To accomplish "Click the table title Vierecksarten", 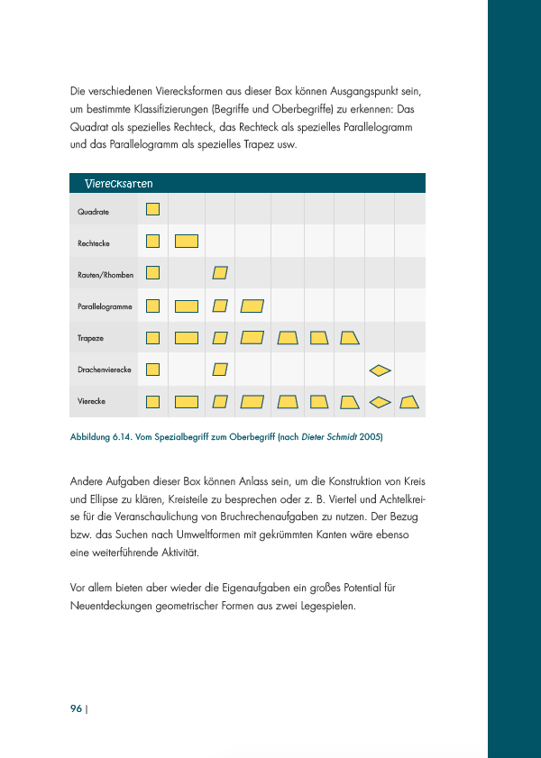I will (118, 184).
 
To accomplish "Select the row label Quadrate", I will (94, 212).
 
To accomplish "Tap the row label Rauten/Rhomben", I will (105, 275).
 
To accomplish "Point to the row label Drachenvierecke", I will (105, 370).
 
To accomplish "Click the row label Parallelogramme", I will (105, 307).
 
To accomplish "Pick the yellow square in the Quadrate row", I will (153, 209).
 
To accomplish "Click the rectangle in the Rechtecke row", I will (187, 241).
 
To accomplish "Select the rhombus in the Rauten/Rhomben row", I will (220, 272).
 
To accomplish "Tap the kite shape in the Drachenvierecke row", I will (381, 369).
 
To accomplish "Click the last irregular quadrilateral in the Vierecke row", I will (410, 401).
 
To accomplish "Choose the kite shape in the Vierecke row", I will (381, 401).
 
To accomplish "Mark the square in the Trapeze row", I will (153, 338).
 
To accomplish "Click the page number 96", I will (76, 708).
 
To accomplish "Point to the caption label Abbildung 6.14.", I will (103, 437).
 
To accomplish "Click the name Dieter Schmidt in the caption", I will (330, 437).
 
